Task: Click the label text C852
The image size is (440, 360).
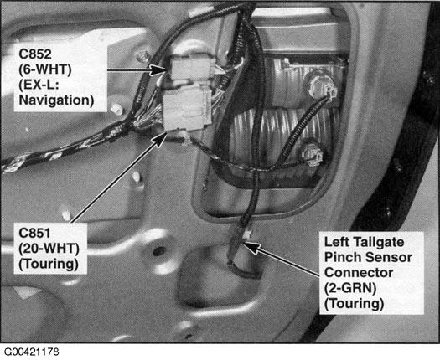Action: coord(35,54)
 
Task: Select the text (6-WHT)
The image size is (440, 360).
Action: coord(45,69)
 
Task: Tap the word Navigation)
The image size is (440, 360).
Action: coord(56,100)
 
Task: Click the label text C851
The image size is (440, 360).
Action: coord(34,233)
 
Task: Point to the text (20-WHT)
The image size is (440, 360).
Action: coord(49,249)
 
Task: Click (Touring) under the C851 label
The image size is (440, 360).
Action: coord(49,264)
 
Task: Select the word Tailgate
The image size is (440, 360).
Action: coord(378,242)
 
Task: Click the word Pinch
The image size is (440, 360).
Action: coord(342,257)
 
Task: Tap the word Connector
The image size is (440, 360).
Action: coord(359,273)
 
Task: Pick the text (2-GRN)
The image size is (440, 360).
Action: coord(350,288)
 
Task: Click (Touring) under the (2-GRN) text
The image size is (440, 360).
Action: coord(354,303)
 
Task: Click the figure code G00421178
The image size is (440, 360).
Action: coord(32,352)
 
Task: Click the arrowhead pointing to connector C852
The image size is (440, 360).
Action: coord(159,69)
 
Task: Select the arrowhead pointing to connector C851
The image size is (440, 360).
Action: coord(159,139)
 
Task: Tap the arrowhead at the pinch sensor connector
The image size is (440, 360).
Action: coord(252,248)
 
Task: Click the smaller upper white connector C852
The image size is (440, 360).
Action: coord(192,67)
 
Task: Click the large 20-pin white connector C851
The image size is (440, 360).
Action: coord(186,109)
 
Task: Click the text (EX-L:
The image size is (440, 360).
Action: coord(39,85)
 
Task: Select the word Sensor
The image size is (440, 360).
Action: coord(388,257)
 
